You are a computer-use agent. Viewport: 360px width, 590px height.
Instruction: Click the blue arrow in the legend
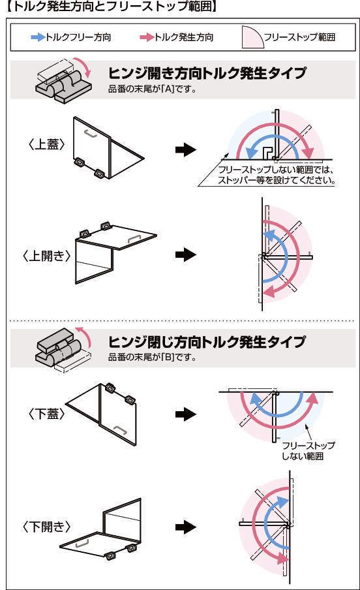click(38, 37)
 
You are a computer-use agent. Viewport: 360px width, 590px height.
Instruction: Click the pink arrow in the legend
click(147, 37)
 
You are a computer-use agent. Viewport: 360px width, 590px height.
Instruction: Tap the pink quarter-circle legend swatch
click(252, 37)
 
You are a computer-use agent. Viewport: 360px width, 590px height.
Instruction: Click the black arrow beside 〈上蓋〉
click(186, 149)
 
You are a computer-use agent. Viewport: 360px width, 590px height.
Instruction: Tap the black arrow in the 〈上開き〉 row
click(186, 255)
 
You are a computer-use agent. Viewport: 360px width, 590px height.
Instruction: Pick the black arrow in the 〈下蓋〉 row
click(186, 414)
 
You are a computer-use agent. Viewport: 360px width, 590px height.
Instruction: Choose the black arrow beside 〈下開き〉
click(186, 527)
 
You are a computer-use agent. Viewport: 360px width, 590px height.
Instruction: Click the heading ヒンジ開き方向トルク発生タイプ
click(207, 73)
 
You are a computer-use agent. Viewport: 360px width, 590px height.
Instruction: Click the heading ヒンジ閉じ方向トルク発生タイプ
click(207, 341)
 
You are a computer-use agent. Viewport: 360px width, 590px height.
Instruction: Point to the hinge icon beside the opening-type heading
click(63, 80)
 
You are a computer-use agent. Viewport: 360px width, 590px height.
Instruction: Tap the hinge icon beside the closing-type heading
click(63, 350)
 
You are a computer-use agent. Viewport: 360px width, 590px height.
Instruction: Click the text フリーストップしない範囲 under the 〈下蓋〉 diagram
click(308, 451)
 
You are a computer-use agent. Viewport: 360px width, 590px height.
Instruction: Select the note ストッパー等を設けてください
click(277, 180)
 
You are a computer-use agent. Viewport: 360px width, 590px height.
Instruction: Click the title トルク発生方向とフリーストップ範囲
click(112, 7)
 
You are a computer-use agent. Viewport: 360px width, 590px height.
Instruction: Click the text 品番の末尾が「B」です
click(153, 357)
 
